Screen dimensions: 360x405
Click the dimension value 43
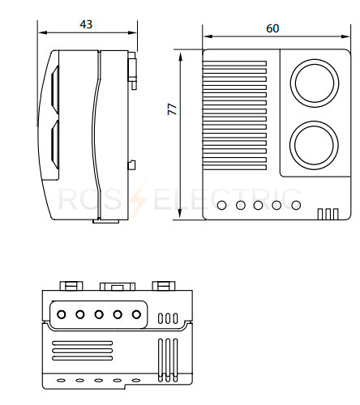coord(86,24)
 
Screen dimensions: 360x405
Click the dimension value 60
coord(272,28)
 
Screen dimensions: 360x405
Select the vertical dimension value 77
coord(172,109)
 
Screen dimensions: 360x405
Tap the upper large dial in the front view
coord(315,83)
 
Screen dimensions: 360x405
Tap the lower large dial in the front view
coord(314,145)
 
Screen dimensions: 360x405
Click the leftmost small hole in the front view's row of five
coord(221,205)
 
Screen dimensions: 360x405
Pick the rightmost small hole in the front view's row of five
coord(296,205)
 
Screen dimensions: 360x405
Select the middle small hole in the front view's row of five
coord(258,205)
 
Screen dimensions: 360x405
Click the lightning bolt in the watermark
coord(138,199)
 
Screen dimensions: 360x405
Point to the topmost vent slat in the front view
coord(234,63)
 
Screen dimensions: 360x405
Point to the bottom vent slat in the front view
coord(234,168)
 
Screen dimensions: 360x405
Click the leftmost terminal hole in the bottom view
coord(62,314)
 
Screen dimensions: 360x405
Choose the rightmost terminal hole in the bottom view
coord(136,314)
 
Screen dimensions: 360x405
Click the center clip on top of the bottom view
coord(118,286)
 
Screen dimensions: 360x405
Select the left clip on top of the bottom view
coord(71,286)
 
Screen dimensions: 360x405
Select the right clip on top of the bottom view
coord(164,286)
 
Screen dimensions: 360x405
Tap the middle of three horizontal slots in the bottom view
coord(83,351)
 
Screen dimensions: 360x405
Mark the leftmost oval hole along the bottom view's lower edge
coord(61,381)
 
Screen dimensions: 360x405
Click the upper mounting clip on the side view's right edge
coord(132,70)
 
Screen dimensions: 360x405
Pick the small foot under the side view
coord(106,221)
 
